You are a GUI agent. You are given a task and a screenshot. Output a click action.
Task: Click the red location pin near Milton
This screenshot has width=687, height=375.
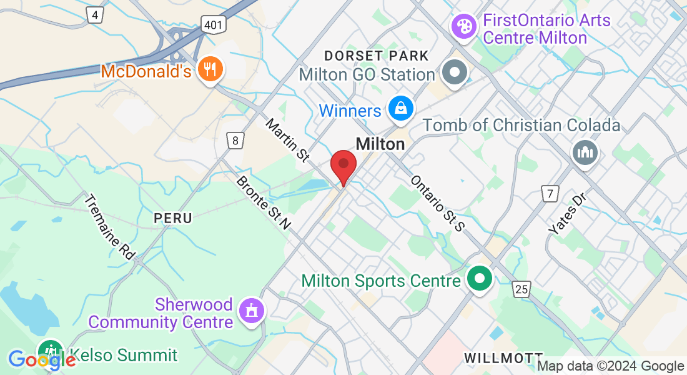pos(343,166)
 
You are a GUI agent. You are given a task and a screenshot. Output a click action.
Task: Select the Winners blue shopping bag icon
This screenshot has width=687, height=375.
pos(400,109)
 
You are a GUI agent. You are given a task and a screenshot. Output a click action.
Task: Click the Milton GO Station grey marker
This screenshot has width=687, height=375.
pos(455,74)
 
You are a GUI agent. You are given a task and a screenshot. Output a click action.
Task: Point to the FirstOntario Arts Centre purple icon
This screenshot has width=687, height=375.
pos(463,26)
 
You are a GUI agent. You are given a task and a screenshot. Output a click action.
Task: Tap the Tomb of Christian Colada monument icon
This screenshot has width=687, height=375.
pos(585,152)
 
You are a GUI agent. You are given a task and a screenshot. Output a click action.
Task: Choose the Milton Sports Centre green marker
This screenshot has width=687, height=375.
pos(480,279)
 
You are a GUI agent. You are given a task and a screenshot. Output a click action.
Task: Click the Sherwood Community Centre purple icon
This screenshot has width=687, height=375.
pos(252,310)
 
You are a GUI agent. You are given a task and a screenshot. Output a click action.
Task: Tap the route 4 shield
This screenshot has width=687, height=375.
pos(95,14)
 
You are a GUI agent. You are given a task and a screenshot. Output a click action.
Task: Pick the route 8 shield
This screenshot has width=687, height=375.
pos(235,140)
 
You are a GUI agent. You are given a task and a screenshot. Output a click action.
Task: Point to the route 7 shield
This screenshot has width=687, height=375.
pos(550,194)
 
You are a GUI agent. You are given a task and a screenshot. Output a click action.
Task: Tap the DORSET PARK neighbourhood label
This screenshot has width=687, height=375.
pos(377,56)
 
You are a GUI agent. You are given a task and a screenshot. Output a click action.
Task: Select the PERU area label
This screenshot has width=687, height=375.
pos(174,218)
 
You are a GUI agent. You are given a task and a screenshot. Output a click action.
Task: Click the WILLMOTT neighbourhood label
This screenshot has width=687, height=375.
pos(498,357)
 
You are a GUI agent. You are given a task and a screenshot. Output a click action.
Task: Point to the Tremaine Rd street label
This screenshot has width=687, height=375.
pos(109,227)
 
